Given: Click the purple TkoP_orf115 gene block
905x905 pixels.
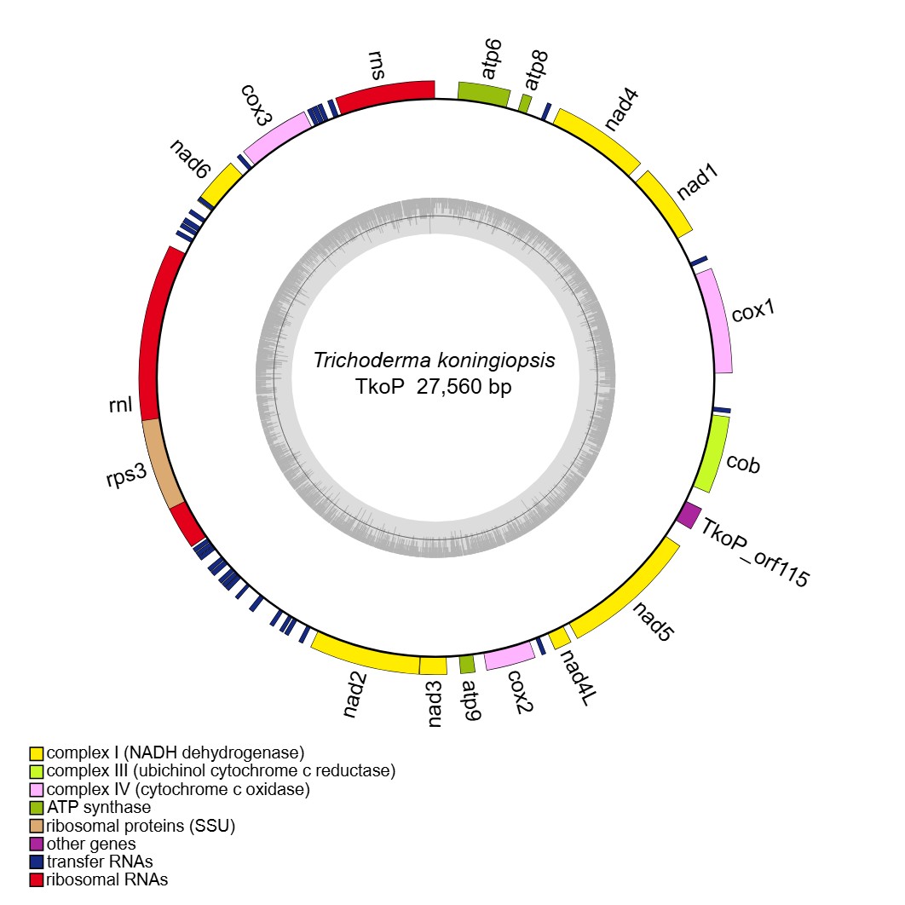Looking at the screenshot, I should (689, 515).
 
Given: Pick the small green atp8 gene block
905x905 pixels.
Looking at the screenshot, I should (525, 102).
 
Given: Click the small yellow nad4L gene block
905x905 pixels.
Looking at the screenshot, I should (559, 637).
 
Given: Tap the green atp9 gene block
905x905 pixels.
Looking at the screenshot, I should (467, 663).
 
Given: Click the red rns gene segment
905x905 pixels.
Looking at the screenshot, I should (385, 95).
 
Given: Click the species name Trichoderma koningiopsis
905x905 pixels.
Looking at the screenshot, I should (434, 360).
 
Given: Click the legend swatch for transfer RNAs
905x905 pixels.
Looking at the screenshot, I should (37, 862).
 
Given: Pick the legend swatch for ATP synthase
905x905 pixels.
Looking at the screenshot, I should (37, 807).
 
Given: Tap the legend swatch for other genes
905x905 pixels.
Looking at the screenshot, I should (37, 844).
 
